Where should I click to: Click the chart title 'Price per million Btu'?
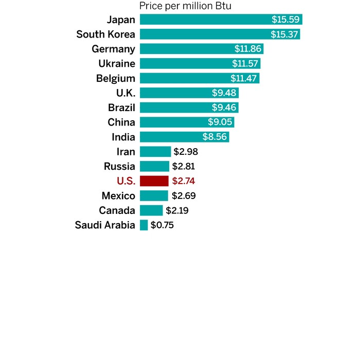pyautogui.click(x=185, y=6)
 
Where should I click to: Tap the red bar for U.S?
pyautogui.click(x=154, y=181)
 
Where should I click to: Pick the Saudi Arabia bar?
pyautogui.click(x=144, y=225)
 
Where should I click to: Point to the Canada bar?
pyautogui.click(x=151, y=210)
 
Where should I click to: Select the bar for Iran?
pyautogui.click(x=155, y=152)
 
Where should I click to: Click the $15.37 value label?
pyautogui.click(x=284, y=34)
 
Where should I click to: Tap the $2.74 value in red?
pyautogui.click(x=184, y=181)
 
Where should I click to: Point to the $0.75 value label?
pyautogui.click(x=162, y=225)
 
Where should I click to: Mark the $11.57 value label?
pyautogui.click(x=245, y=64)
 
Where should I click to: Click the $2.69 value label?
pyautogui.click(x=184, y=196)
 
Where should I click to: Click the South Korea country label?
pyautogui.click(x=105, y=34)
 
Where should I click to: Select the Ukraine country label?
pyautogui.click(x=117, y=64)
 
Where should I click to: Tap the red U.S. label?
pyautogui.click(x=125, y=181)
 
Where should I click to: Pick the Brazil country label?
pyautogui.click(x=121, y=108)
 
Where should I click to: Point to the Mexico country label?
pyautogui.click(x=118, y=196)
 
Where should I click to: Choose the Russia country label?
pyautogui.click(x=119, y=167)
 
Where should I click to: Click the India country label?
pyautogui.click(x=123, y=137)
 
